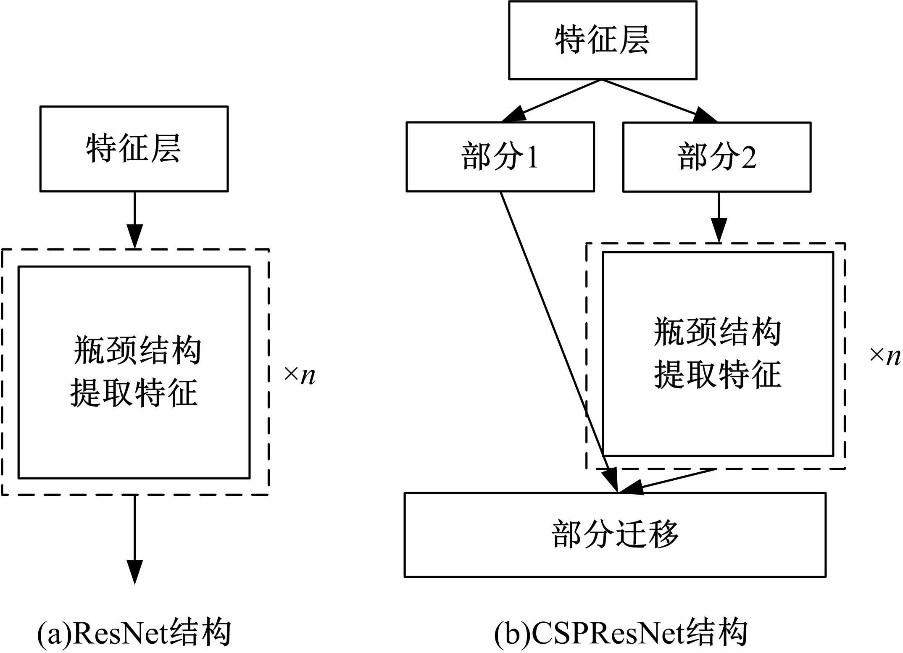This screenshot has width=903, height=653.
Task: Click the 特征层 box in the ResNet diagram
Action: coord(134,149)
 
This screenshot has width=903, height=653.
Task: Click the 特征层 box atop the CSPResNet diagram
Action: coord(603,40)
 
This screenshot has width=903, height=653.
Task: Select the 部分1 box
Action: coord(500,157)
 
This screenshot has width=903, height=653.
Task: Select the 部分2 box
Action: coord(717,157)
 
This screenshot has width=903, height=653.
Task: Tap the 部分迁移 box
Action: coord(615,535)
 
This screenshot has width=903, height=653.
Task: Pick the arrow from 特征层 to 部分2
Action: coord(660,101)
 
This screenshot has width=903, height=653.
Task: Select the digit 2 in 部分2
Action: coord(748,158)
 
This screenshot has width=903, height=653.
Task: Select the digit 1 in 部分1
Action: coord(532,158)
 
